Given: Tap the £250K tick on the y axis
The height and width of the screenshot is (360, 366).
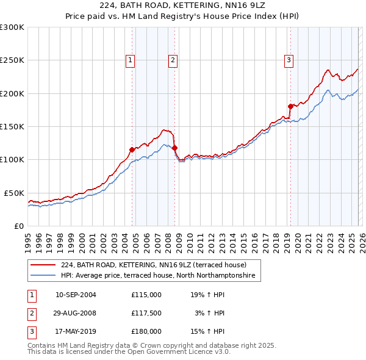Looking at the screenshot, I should [x=12, y=60].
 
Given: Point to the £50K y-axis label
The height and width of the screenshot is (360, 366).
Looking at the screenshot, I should [x=14, y=193].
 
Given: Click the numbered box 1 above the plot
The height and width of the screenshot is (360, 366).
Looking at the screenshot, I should [x=131, y=60].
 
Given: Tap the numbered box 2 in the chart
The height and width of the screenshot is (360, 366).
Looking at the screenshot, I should [x=173, y=60].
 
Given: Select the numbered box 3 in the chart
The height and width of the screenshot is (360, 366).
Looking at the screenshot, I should [x=289, y=60].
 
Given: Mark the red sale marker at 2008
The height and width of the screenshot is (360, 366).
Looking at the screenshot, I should [x=174, y=148].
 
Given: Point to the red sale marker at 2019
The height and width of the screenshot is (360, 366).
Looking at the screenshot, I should [x=290, y=106].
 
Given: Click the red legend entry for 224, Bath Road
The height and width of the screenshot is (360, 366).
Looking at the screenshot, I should [x=153, y=265].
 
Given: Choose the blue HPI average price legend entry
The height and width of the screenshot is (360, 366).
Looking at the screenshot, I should [x=160, y=276].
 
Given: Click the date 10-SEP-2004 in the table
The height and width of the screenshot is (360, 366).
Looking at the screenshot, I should [x=76, y=295].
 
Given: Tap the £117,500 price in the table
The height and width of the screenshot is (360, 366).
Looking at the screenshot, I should [x=146, y=314].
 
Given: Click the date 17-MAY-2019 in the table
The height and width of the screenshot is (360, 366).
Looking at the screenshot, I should [x=76, y=333].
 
